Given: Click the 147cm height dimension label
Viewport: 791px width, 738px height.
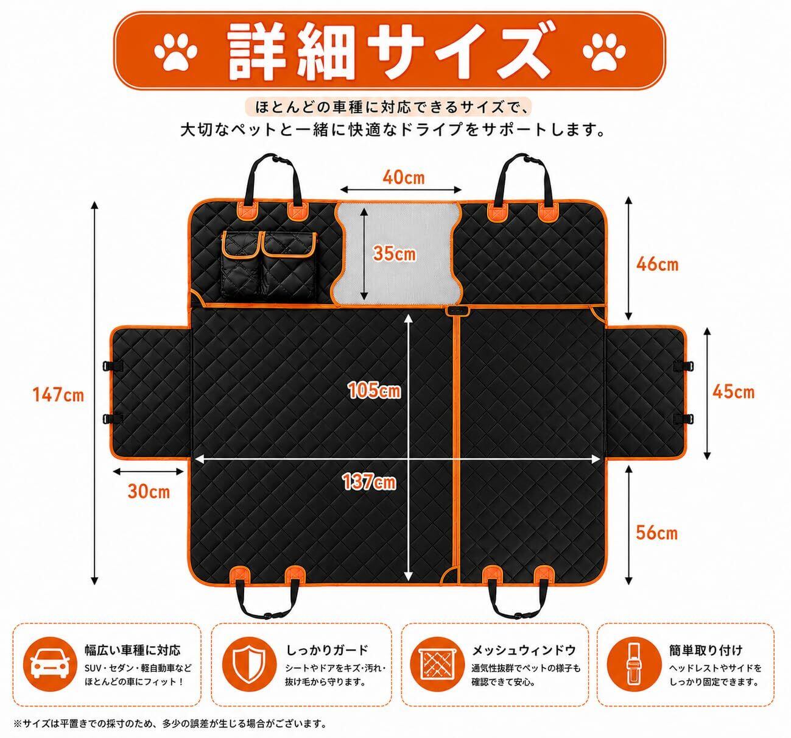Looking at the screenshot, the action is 58,395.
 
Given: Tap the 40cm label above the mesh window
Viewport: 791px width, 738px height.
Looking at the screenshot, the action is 404,177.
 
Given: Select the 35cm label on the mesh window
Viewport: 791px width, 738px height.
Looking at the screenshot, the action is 395,254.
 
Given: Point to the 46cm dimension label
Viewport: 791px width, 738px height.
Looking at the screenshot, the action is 657,264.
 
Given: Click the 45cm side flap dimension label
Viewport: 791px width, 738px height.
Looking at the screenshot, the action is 734,392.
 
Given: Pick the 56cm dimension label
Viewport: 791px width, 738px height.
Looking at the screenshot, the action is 657,533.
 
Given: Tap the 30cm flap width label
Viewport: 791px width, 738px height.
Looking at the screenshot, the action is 149,491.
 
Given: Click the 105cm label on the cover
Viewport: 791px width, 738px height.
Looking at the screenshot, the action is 374,390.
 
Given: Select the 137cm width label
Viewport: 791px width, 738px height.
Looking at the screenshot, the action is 370,482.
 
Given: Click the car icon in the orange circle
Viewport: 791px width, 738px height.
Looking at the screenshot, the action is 50,665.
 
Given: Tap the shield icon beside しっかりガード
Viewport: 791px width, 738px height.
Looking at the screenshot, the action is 249,665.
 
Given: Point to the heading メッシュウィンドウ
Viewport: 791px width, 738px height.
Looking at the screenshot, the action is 524,650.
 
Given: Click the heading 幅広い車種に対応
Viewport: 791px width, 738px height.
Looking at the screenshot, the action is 133,650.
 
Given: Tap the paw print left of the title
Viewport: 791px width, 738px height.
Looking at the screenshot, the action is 175,52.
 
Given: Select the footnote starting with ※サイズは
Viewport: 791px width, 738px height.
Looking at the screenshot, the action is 171,723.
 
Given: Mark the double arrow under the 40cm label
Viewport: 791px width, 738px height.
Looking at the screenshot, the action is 401,190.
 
